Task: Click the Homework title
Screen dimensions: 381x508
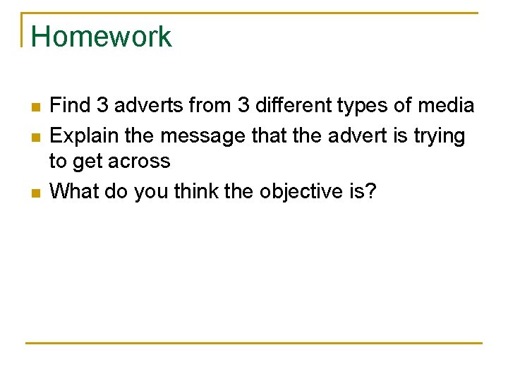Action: [101, 37]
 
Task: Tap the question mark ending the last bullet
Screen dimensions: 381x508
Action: [372, 190]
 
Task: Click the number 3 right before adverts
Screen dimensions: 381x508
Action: [102, 106]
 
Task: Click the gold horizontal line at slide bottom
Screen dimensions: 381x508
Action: [254, 343]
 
